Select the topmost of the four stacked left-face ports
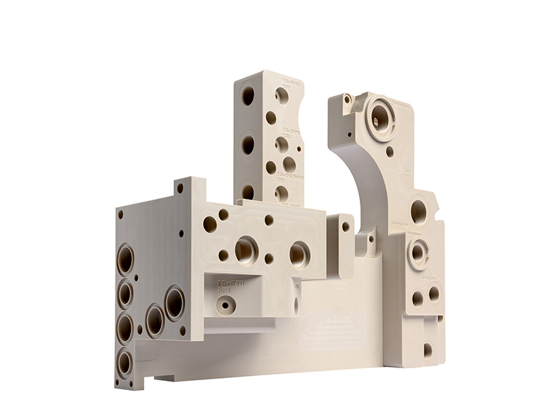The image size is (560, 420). click(125, 260)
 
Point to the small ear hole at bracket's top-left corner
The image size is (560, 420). click(346, 100)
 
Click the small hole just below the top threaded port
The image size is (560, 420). click(389, 149)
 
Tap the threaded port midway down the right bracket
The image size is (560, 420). click(419, 209)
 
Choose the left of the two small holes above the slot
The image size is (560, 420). click(418, 297)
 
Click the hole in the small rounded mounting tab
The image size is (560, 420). click(345, 226)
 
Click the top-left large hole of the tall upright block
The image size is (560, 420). click(248, 96)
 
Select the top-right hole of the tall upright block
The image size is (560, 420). click(282, 95)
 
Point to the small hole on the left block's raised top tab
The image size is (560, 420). click(180, 188)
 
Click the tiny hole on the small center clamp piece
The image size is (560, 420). click(370, 241)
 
